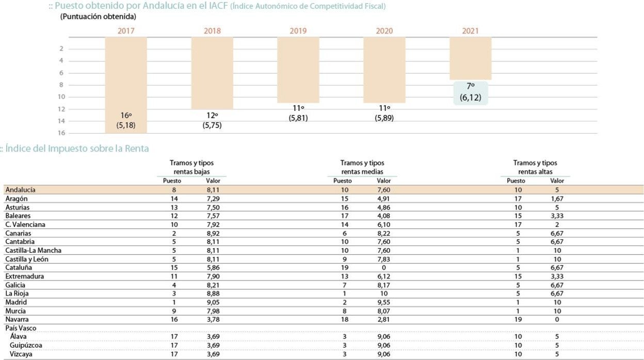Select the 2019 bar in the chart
pos(298,70)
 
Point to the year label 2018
pos(212,31)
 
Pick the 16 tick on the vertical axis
pos(61,133)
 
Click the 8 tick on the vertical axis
pos(61,85)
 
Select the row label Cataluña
pos(19,268)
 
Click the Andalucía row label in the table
pos(20,190)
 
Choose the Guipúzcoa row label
pos(26,346)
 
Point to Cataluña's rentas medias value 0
pos(384,268)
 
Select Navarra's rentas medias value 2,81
pos(384,320)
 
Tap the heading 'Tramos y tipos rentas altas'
pos(535,167)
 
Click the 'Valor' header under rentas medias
pos(384,181)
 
